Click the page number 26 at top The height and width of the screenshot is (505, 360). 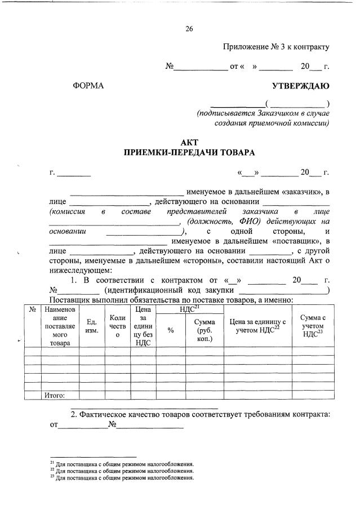click(189, 29)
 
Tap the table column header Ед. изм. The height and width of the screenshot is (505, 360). click(91, 326)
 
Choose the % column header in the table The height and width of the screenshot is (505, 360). click(171, 330)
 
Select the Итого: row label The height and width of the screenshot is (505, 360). click(55, 395)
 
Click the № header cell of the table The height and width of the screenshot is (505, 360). click(32, 309)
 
